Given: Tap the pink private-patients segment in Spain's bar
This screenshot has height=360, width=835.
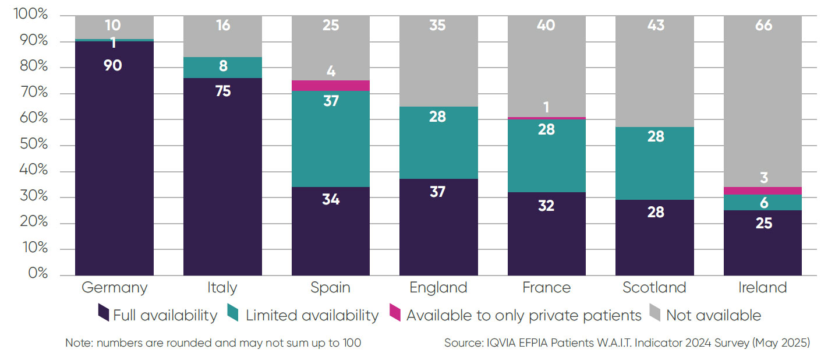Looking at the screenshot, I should click(x=330, y=86).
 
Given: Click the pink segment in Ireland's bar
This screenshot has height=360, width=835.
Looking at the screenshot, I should click(x=762, y=190).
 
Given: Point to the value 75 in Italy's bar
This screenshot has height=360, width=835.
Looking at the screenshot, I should click(x=222, y=91).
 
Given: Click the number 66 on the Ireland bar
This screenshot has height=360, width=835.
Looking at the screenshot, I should click(x=763, y=26).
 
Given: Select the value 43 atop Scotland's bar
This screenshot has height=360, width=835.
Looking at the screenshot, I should click(x=655, y=26).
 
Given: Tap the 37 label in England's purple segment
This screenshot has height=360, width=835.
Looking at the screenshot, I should click(x=438, y=192).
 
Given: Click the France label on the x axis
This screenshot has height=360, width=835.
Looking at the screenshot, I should click(x=546, y=288).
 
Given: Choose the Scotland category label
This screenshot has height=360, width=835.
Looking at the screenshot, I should click(x=654, y=288).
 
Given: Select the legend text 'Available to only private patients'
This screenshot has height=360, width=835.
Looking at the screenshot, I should click(x=523, y=316).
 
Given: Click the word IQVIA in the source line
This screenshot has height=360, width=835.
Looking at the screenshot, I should click(x=500, y=343).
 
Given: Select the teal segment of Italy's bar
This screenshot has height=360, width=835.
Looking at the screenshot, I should click(x=222, y=67).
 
